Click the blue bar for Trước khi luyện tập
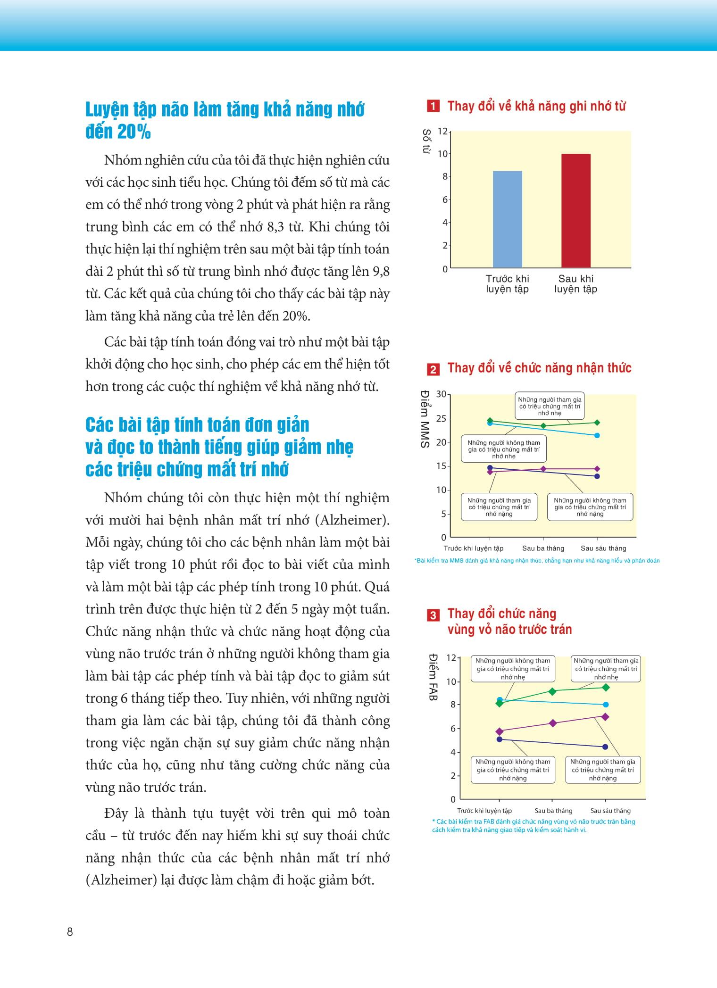click(507, 219)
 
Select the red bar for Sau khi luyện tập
click(575, 211)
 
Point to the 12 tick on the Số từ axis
click(442, 132)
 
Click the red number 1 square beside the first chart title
click(433, 107)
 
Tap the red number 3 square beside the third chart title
click(433, 615)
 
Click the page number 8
click(70, 931)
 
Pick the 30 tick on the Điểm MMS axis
click(441, 394)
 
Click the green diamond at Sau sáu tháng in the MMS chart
click(597, 423)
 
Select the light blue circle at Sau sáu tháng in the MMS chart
click(597, 435)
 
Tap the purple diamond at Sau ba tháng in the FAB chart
click(553, 723)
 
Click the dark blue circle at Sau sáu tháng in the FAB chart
click(605, 747)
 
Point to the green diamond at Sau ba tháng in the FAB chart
click(553, 691)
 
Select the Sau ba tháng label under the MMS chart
click(543, 548)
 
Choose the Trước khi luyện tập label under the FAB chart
click(484, 810)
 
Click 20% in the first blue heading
click(133, 132)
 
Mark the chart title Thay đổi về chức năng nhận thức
click(539, 368)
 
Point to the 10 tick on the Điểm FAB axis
click(451, 681)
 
